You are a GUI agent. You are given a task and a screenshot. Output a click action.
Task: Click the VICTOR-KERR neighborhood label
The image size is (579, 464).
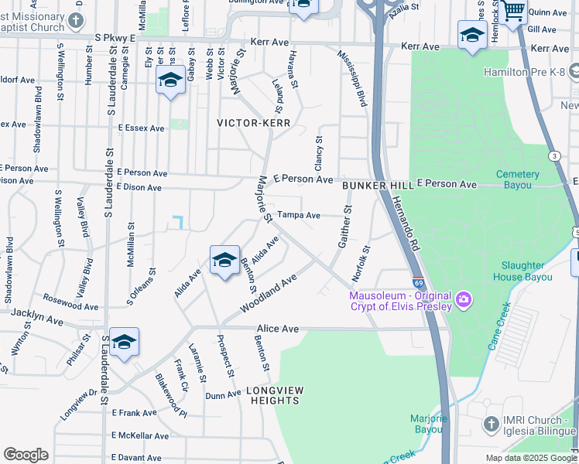click(x=253, y=123)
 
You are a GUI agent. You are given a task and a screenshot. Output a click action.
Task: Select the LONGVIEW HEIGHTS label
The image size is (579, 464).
click(x=275, y=395)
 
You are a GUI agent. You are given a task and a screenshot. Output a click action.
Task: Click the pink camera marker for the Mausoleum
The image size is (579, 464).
click(x=464, y=299)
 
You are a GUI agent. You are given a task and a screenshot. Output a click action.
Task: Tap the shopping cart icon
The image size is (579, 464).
click(x=512, y=12)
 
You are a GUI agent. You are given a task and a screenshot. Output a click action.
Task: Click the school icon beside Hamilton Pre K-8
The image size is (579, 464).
click(x=472, y=36)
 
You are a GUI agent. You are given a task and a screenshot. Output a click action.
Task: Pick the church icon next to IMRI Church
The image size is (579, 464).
click(x=491, y=424)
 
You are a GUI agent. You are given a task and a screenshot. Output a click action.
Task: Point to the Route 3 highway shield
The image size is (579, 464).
click(x=554, y=156)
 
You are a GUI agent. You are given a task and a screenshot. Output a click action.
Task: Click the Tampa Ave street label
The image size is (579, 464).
click(x=299, y=216)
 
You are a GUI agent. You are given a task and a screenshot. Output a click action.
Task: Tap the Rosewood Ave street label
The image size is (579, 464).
click(x=71, y=301)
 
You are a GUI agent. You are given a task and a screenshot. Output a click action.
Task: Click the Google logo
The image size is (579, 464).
click(x=26, y=455)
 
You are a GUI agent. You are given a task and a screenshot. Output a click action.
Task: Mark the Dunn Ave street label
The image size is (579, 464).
click(x=224, y=395)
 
